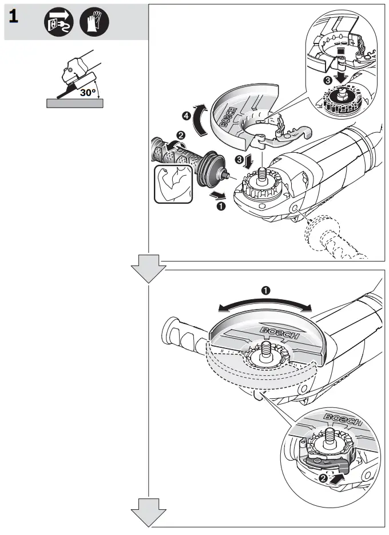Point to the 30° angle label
tap(88, 90)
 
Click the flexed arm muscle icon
tap(173, 184)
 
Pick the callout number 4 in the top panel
tap(186, 116)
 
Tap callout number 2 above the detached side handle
tap(181, 136)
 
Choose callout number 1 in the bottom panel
tap(265, 290)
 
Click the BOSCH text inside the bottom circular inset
tap(342, 420)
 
